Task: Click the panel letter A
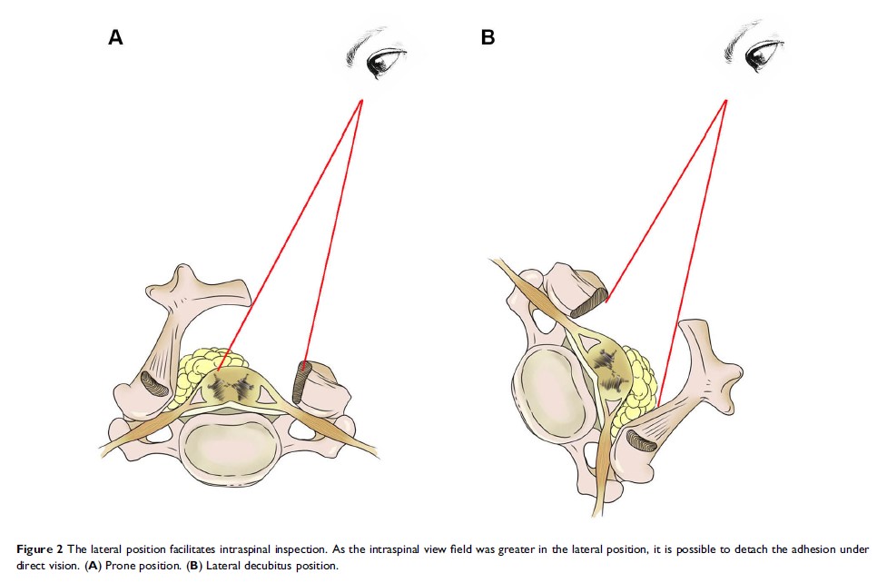tap(115, 38)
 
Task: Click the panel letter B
tap(488, 38)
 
